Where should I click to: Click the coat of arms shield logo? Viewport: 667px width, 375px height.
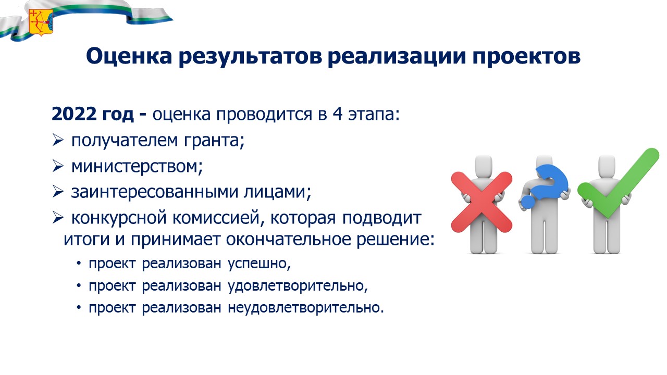point(41,22)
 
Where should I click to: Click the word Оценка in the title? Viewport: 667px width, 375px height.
point(129,56)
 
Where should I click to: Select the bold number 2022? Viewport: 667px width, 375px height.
point(74,114)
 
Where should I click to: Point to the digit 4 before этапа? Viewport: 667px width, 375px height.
point(337,114)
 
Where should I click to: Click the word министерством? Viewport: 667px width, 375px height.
point(137,166)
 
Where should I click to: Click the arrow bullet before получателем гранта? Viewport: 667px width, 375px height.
point(57,140)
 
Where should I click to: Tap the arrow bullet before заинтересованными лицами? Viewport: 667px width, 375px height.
point(57,192)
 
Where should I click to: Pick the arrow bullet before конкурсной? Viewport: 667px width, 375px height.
point(57,218)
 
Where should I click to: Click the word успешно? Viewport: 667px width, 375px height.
point(260,264)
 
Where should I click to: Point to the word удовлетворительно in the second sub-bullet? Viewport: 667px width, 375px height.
point(298,286)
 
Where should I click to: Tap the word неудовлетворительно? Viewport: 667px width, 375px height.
point(306,308)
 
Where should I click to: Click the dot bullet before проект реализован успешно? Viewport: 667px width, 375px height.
point(79,264)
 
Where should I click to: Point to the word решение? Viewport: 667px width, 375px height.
point(396,240)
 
